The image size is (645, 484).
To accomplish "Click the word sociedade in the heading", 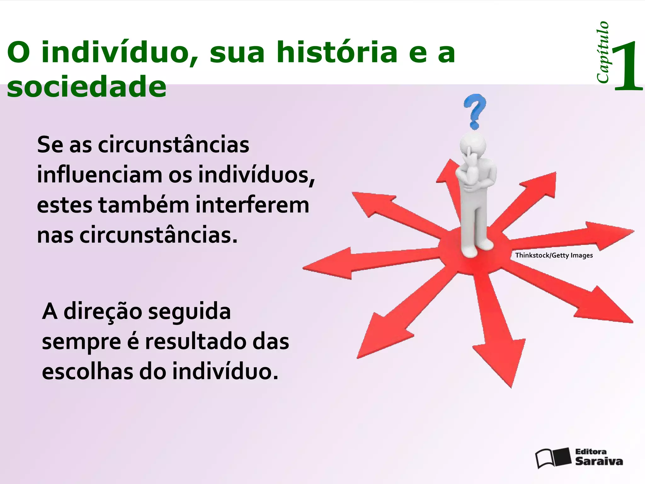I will coord(87,86).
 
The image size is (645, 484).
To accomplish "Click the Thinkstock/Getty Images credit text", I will coord(554,255).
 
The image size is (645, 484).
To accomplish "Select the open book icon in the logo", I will coord(553,457).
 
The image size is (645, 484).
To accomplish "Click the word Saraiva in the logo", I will coord(599,462).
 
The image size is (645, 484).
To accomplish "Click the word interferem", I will coord(252,205).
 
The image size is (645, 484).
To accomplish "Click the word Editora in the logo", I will coord(591,452).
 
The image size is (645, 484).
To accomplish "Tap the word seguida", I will coord(189,312).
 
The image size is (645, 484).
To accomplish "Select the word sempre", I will coord(81,342).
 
